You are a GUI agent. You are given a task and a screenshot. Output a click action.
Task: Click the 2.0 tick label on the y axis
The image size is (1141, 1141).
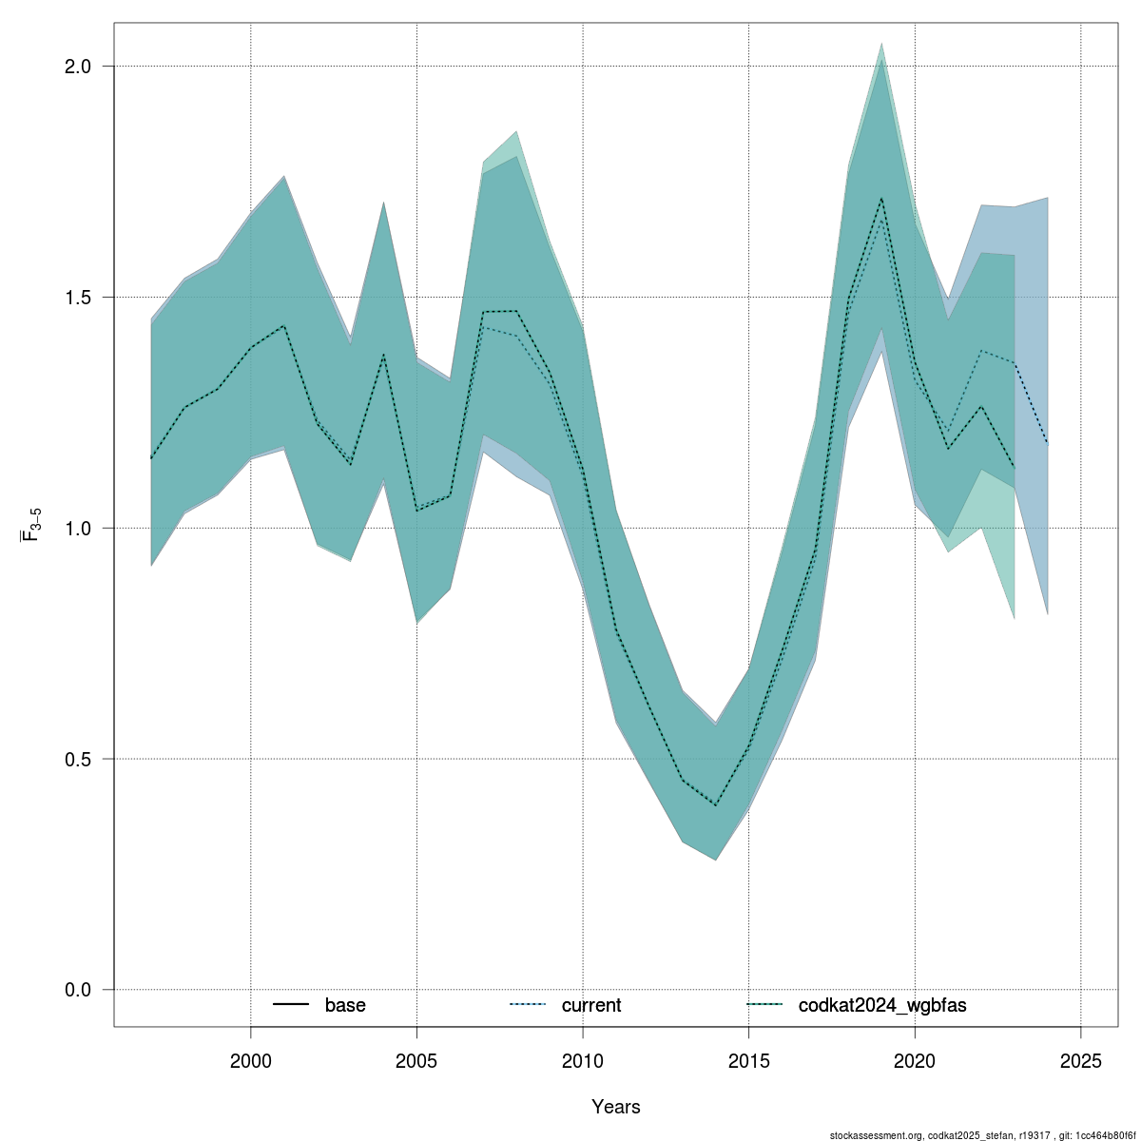tap(77, 67)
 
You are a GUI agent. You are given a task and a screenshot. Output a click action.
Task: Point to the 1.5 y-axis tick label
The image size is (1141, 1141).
tap(77, 297)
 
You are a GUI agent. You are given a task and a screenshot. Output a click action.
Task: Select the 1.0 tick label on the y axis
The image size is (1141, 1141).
tap(77, 528)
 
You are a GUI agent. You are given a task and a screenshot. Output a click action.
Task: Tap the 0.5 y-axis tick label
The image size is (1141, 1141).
tap(77, 759)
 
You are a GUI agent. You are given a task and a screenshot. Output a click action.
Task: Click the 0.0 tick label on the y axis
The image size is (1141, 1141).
tap(77, 990)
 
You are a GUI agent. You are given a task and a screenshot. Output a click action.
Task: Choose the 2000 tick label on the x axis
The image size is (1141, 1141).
tap(251, 1061)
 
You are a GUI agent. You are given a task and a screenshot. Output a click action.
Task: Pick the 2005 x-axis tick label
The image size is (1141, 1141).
tap(416, 1061)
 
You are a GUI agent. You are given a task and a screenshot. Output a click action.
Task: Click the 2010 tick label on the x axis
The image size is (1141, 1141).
tap(583, 1061)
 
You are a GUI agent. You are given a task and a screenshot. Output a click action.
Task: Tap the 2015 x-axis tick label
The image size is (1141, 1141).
tap(749, 1061)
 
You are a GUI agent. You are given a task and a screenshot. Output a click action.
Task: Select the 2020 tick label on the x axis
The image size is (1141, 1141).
tap(915, 1061)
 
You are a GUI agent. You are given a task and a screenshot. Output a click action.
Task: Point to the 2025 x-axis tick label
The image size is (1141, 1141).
tap(1081, 1061)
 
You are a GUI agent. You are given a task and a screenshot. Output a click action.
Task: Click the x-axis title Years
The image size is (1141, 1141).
tap(616, 1107)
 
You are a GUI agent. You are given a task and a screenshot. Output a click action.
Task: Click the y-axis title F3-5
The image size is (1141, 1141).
tap(30, 524)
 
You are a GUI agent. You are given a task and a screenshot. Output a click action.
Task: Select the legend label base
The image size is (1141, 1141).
tap(345, 1005)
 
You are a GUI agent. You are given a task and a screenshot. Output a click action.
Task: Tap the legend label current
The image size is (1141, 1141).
tap(591, 1005)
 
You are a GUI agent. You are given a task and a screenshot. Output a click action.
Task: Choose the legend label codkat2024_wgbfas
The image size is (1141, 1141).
tap(882, 1005)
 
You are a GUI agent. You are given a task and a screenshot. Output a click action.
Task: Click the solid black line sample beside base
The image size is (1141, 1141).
tap(291, 1005)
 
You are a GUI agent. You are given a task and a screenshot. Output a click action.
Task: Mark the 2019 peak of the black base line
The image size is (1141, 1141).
tap(882, 199)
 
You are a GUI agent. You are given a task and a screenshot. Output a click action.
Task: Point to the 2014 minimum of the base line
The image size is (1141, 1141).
tap(716, 804)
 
